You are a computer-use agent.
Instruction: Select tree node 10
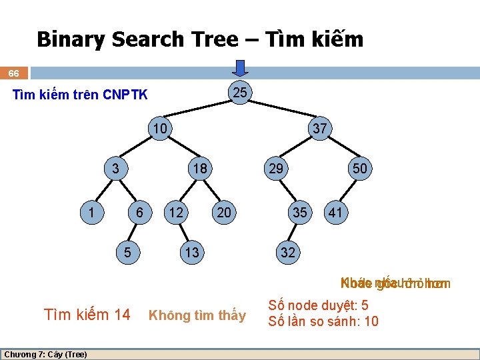160,127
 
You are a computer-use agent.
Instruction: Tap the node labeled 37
320,129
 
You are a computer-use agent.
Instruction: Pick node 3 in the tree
115,169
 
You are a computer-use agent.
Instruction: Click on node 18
199,169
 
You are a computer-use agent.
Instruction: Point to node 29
275,169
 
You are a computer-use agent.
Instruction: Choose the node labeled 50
360,169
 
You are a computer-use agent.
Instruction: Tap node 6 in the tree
139,213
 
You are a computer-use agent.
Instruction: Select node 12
176,213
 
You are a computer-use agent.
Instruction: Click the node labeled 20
224,213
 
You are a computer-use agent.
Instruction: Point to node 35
300,213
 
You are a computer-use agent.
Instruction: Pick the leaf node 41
335,213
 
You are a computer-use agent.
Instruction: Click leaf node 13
191,253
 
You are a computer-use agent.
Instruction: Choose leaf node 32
288,253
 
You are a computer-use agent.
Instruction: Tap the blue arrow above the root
241,69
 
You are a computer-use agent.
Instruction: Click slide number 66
13,73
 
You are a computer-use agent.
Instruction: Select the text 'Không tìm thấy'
197,315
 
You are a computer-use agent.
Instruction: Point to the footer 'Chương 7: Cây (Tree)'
45,354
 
